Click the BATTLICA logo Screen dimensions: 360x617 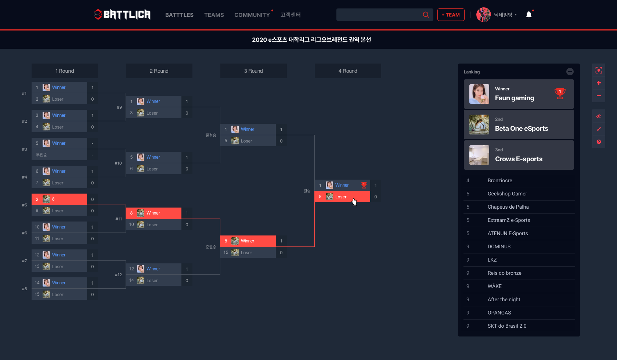122,15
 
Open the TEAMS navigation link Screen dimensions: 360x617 214,15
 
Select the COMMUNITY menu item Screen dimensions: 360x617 252,15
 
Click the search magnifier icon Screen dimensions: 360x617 426,15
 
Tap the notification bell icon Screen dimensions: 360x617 528,15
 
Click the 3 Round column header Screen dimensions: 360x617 253,71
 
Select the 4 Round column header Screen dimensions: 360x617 347,71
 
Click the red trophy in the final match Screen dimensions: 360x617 364,185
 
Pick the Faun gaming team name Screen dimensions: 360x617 514,98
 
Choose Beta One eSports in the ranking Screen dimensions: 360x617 521,129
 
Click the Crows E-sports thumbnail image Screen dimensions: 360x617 479,155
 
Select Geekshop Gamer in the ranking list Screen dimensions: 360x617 507,194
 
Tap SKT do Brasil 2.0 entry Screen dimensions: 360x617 507,326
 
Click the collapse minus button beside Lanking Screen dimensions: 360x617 570,72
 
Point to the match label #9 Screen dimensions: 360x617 119,107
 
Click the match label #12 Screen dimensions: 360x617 118,275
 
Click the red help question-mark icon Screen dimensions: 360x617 599,142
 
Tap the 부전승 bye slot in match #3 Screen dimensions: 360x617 59,155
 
